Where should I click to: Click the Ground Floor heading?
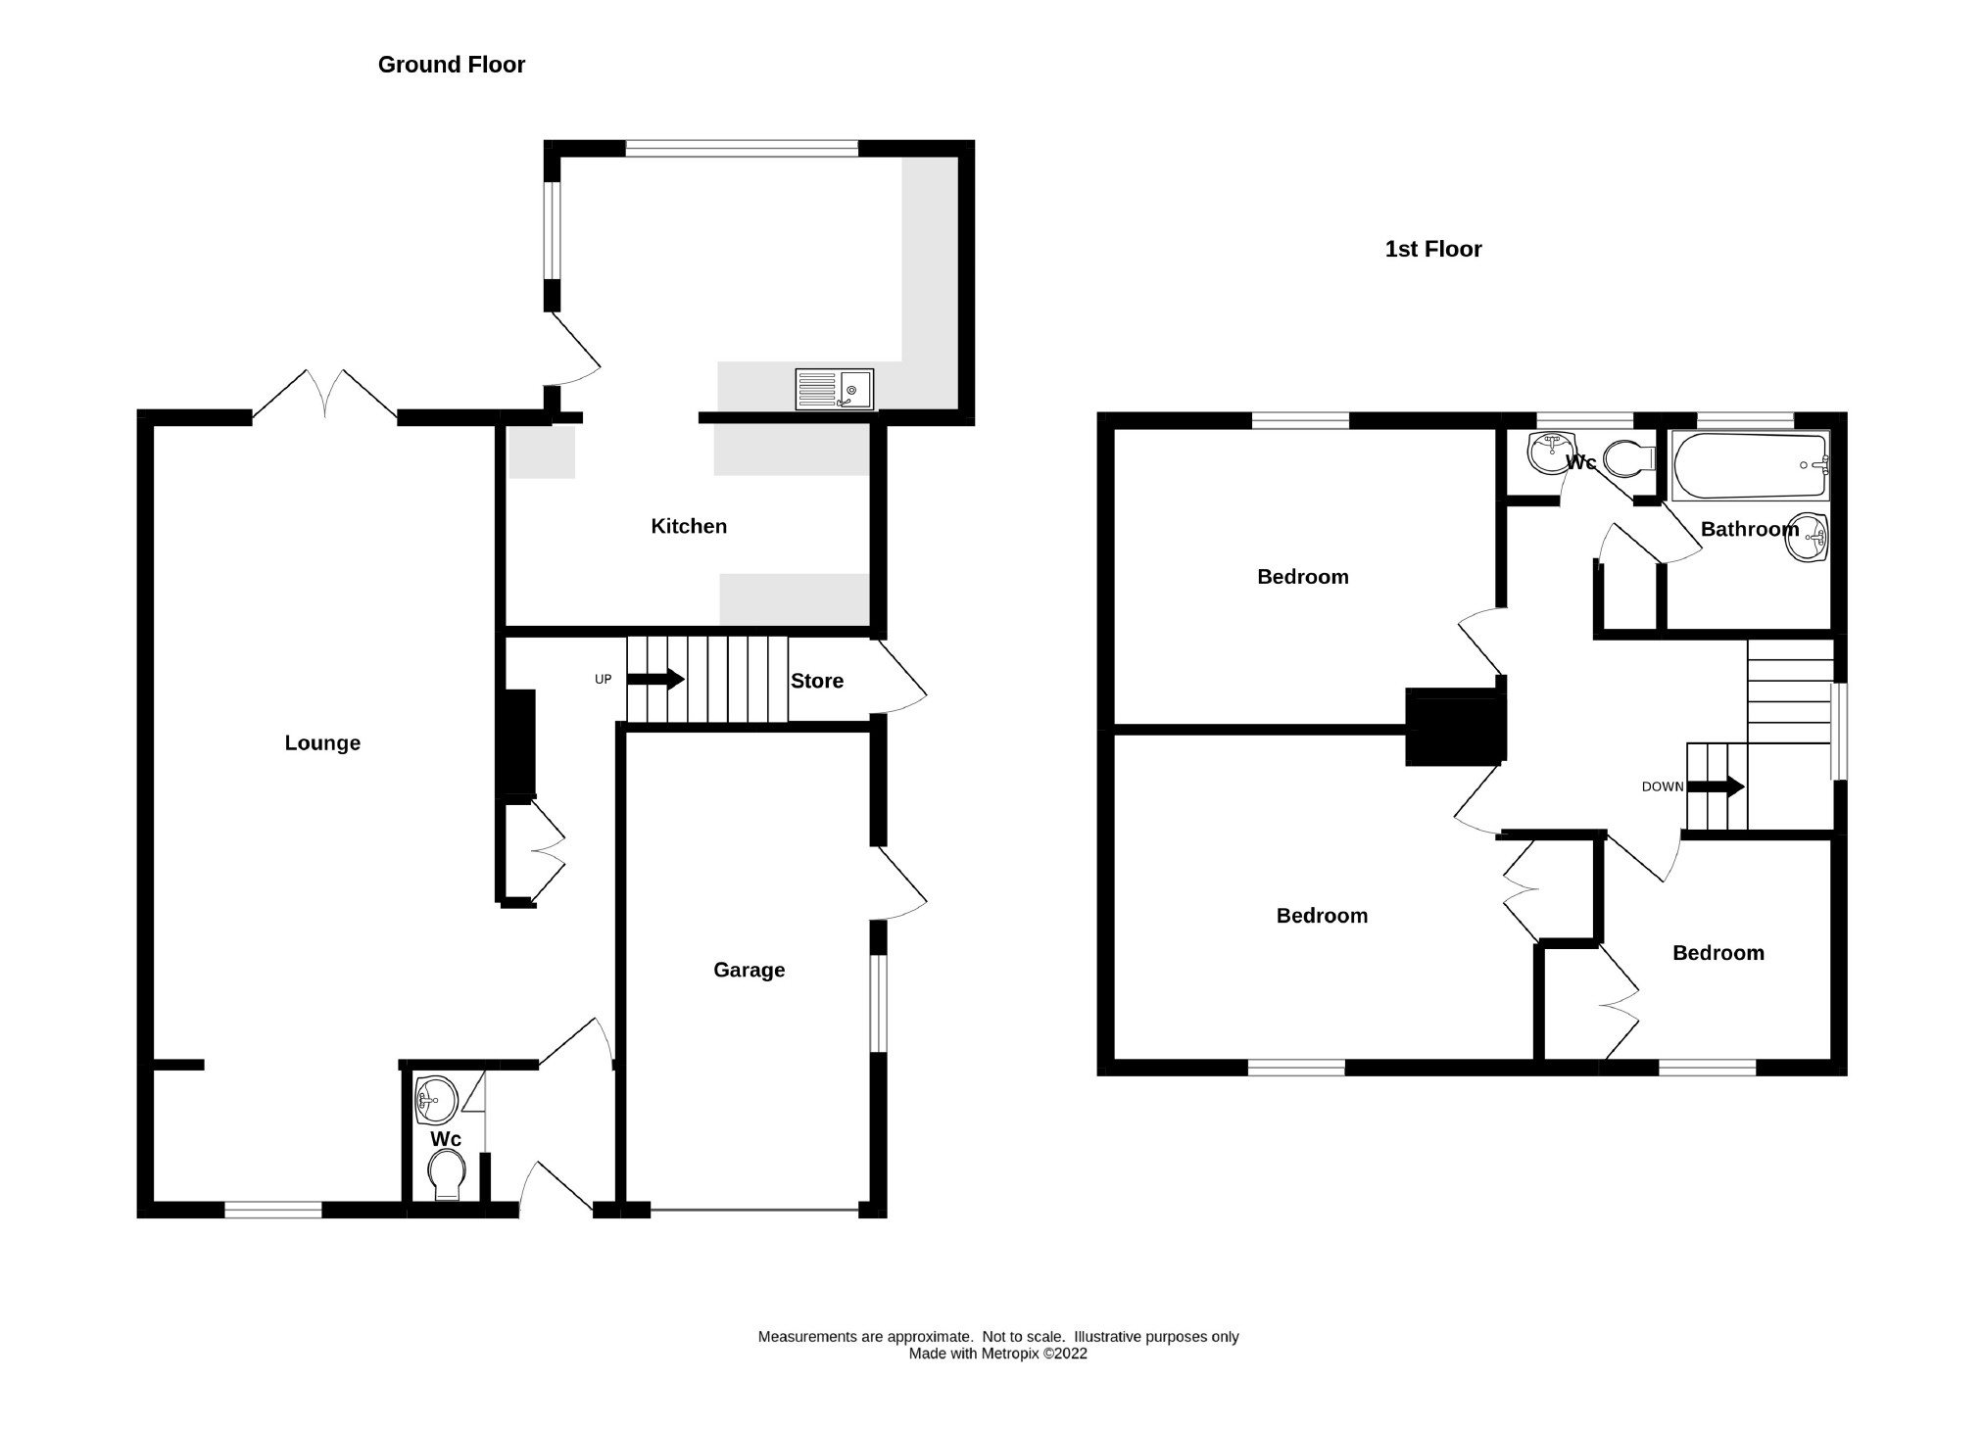pyautogui.click(x=451, y=65)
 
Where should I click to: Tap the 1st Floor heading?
pyautogui.click(x=1432, y=250)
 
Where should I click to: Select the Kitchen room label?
pyautogui.click(x=689, y=527)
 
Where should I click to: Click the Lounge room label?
pyautogui.click(x=322, y=743)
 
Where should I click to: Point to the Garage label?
pyautogui.click(x=749, y=971)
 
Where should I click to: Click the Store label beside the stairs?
pyautogui.click(x=816, y=682)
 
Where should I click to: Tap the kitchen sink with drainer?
pyautogui.click(x=834, y=389)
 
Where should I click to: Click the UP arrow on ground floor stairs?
pyautogui.click(x=655, y=679)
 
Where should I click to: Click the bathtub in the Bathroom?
pyautogui.click(x=1750, y=466)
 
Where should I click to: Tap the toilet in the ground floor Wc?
pyautogui.click(x=447, y=1173)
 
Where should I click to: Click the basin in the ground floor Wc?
pyautogui.click(x=435, y=1099)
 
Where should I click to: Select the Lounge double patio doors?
pyautogui.click(x=324, y=397)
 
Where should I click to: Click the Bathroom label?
pyautogui.click(x=1749, y=530)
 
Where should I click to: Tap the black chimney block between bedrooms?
pyautogui.click(x=1454, y=727)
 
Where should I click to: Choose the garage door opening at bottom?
pyautogui.click(x=753, y=1212)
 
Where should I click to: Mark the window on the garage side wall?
pyautogui.click(x=878, y=1002)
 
